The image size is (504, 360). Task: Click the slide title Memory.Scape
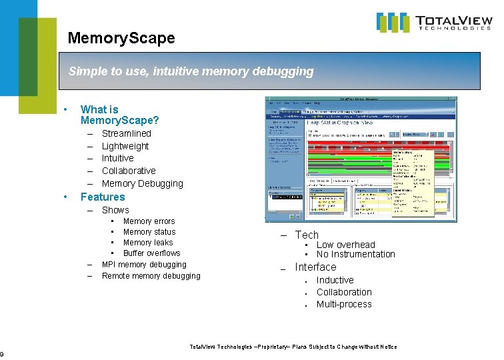[121, 38]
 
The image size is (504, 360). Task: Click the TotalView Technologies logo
[434, 22]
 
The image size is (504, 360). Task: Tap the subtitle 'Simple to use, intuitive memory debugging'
[191, 71]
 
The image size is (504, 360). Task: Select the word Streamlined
[126, 133]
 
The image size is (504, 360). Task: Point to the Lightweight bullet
[125, 146]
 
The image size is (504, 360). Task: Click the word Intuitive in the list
[117, 158]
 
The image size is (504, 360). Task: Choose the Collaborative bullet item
[129, 171]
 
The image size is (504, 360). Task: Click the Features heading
[103, 197]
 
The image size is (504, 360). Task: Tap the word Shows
[115, 210]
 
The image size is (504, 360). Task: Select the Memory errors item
[149, 221]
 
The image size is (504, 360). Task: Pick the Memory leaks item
[148, 243]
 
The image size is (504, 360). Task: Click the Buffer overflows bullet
[151, 253]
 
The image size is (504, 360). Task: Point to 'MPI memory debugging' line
[144, 265]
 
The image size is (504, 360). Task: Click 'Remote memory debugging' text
[151, 276]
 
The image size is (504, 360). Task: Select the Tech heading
[307, 235]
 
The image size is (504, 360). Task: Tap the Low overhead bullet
[345, 245]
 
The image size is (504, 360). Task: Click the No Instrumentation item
[355, 254]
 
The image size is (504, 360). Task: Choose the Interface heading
[315, 267]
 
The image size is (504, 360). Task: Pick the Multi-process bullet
[344, 305]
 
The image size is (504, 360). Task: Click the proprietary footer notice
[293, 347]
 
